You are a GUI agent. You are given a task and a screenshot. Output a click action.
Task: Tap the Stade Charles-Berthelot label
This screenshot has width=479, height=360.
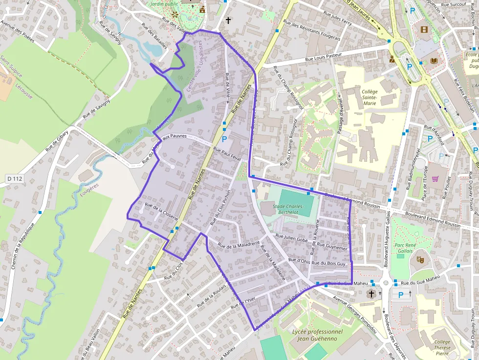pos(288,210)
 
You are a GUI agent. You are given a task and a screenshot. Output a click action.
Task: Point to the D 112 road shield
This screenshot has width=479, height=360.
pos(15,179)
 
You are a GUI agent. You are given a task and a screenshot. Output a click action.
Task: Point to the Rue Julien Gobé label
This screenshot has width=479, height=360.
pos(291,238)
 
